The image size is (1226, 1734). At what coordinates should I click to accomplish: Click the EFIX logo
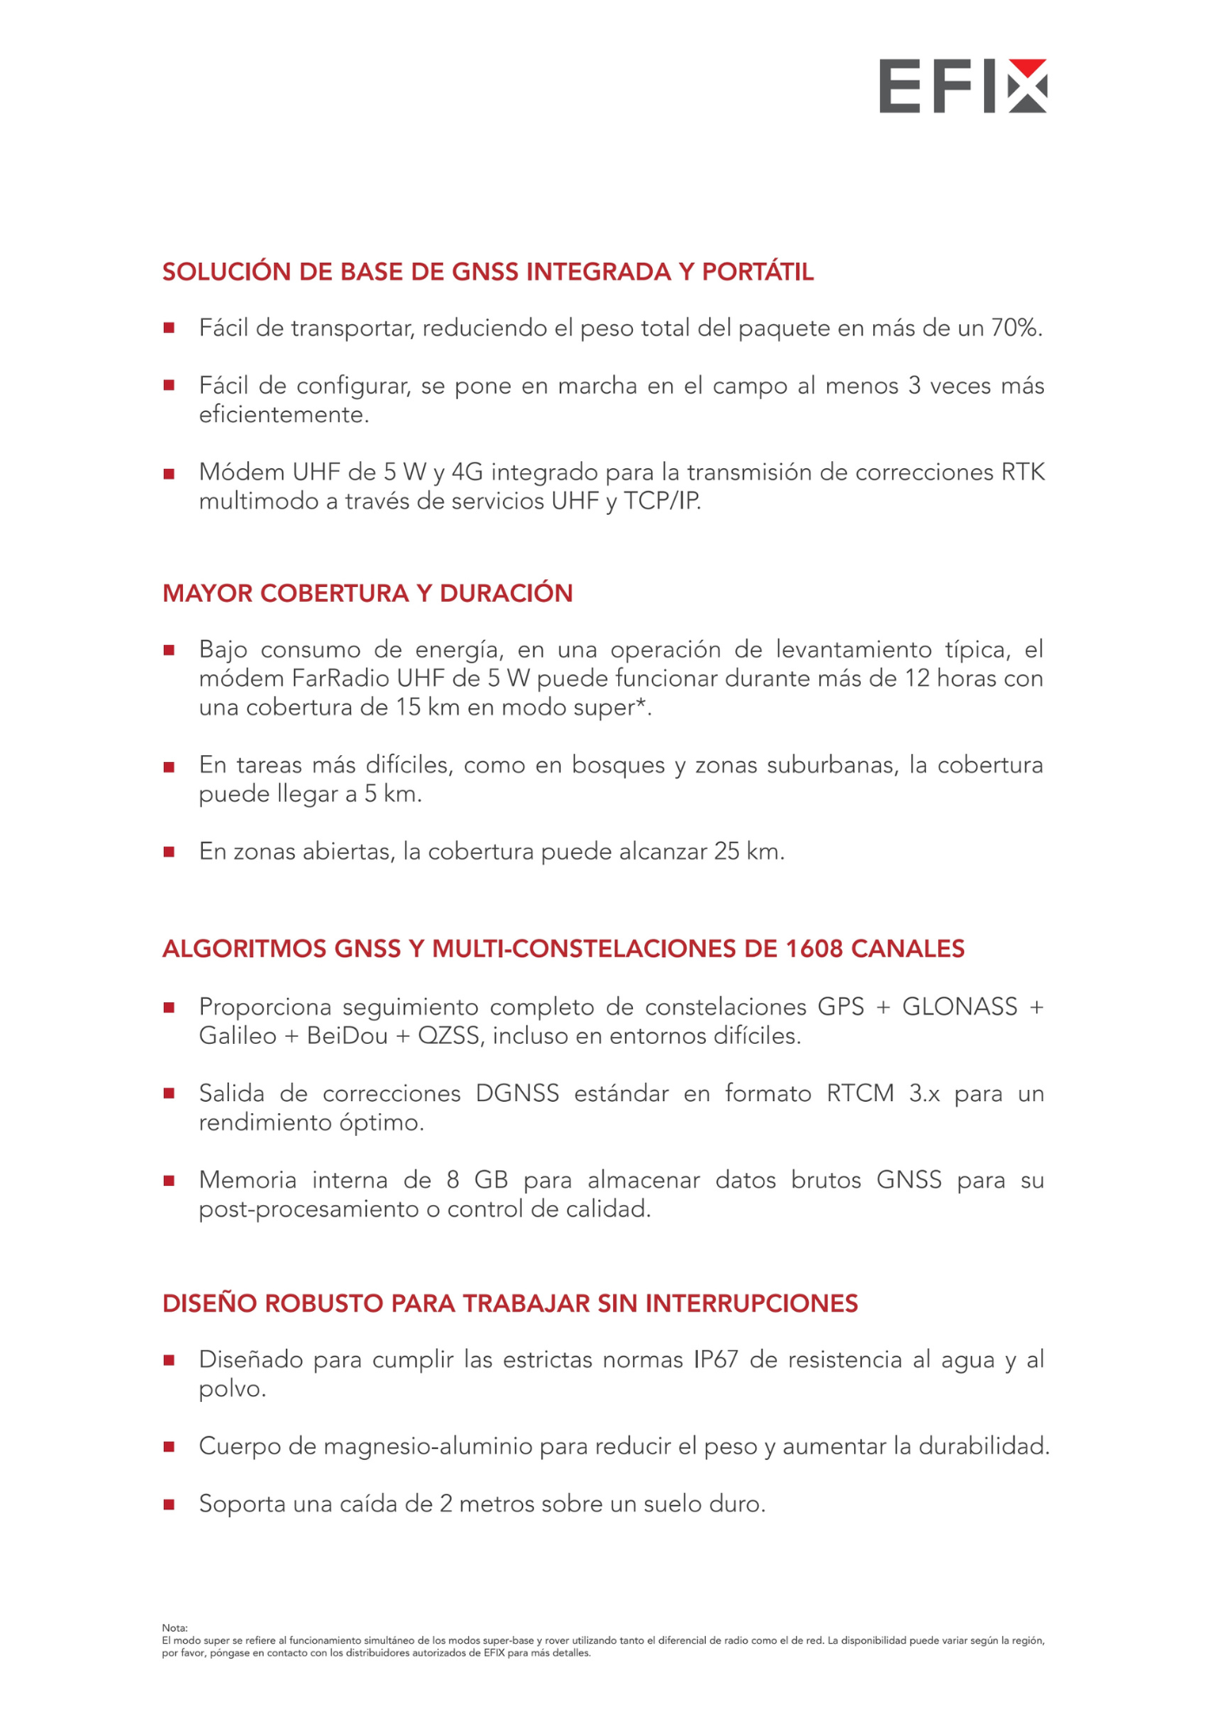[962, 86]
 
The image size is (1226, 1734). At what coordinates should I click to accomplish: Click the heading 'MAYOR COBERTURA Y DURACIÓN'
[368, 593]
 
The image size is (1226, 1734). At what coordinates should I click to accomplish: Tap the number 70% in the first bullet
[1016, 328]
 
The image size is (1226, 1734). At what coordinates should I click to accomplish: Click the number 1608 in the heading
[814, 948]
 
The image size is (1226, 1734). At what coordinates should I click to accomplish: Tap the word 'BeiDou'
[347, 1036]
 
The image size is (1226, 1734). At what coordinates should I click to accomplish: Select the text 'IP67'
[715, 1359]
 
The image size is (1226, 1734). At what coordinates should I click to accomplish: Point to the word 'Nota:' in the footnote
[174, 1628]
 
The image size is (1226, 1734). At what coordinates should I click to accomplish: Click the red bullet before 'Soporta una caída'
[169, 1504]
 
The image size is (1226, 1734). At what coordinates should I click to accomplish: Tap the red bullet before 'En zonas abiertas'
[169, 852]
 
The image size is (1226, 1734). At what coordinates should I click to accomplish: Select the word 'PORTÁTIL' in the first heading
[758, 272]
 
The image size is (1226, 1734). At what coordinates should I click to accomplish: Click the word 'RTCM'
[860, 1093]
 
